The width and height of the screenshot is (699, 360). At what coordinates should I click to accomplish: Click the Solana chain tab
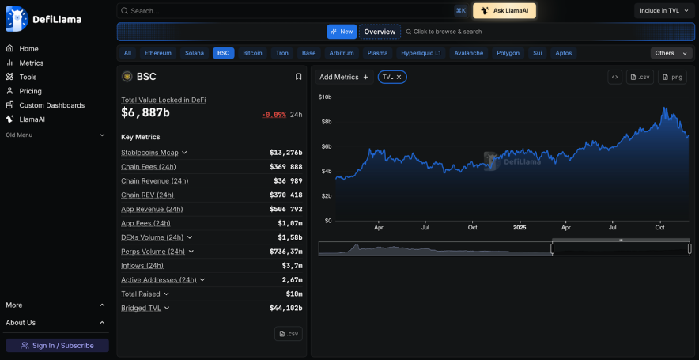click(195, 53)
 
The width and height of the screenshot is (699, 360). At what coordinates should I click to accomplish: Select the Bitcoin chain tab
click(252, 53)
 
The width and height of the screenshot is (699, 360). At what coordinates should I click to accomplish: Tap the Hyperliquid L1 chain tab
click(421, 53)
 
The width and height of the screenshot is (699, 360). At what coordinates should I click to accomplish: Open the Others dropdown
click(671, 53)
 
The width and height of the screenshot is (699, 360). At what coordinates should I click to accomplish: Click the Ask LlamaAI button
click(504, 10)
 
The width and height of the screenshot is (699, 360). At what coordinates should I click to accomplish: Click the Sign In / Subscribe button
click(57, 345)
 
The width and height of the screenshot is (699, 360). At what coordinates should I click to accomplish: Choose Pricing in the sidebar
click(30, 91)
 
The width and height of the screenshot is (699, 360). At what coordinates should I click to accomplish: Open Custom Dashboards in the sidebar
click(51, 105)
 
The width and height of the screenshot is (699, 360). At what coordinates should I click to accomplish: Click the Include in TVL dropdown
click(664, 10)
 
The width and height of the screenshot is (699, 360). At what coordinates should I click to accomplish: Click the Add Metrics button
click(344, 77)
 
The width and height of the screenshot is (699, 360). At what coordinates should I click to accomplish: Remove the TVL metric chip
click(399, 77)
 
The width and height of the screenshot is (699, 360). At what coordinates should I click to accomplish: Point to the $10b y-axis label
click(324, 97)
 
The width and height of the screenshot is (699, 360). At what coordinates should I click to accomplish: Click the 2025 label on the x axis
click(520, 227)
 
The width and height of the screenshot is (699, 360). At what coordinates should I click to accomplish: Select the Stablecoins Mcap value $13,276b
click(285, 153)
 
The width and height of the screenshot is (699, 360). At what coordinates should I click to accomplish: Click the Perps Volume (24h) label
click(153, 252)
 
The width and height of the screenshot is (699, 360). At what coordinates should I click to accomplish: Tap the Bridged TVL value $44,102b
click(285, 308)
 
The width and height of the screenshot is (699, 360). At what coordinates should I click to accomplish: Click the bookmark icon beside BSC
click(298, 77)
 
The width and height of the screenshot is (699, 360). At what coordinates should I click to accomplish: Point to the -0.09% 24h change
click(274, 115)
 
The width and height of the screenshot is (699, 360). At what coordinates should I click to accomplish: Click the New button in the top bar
click(342, 32)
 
